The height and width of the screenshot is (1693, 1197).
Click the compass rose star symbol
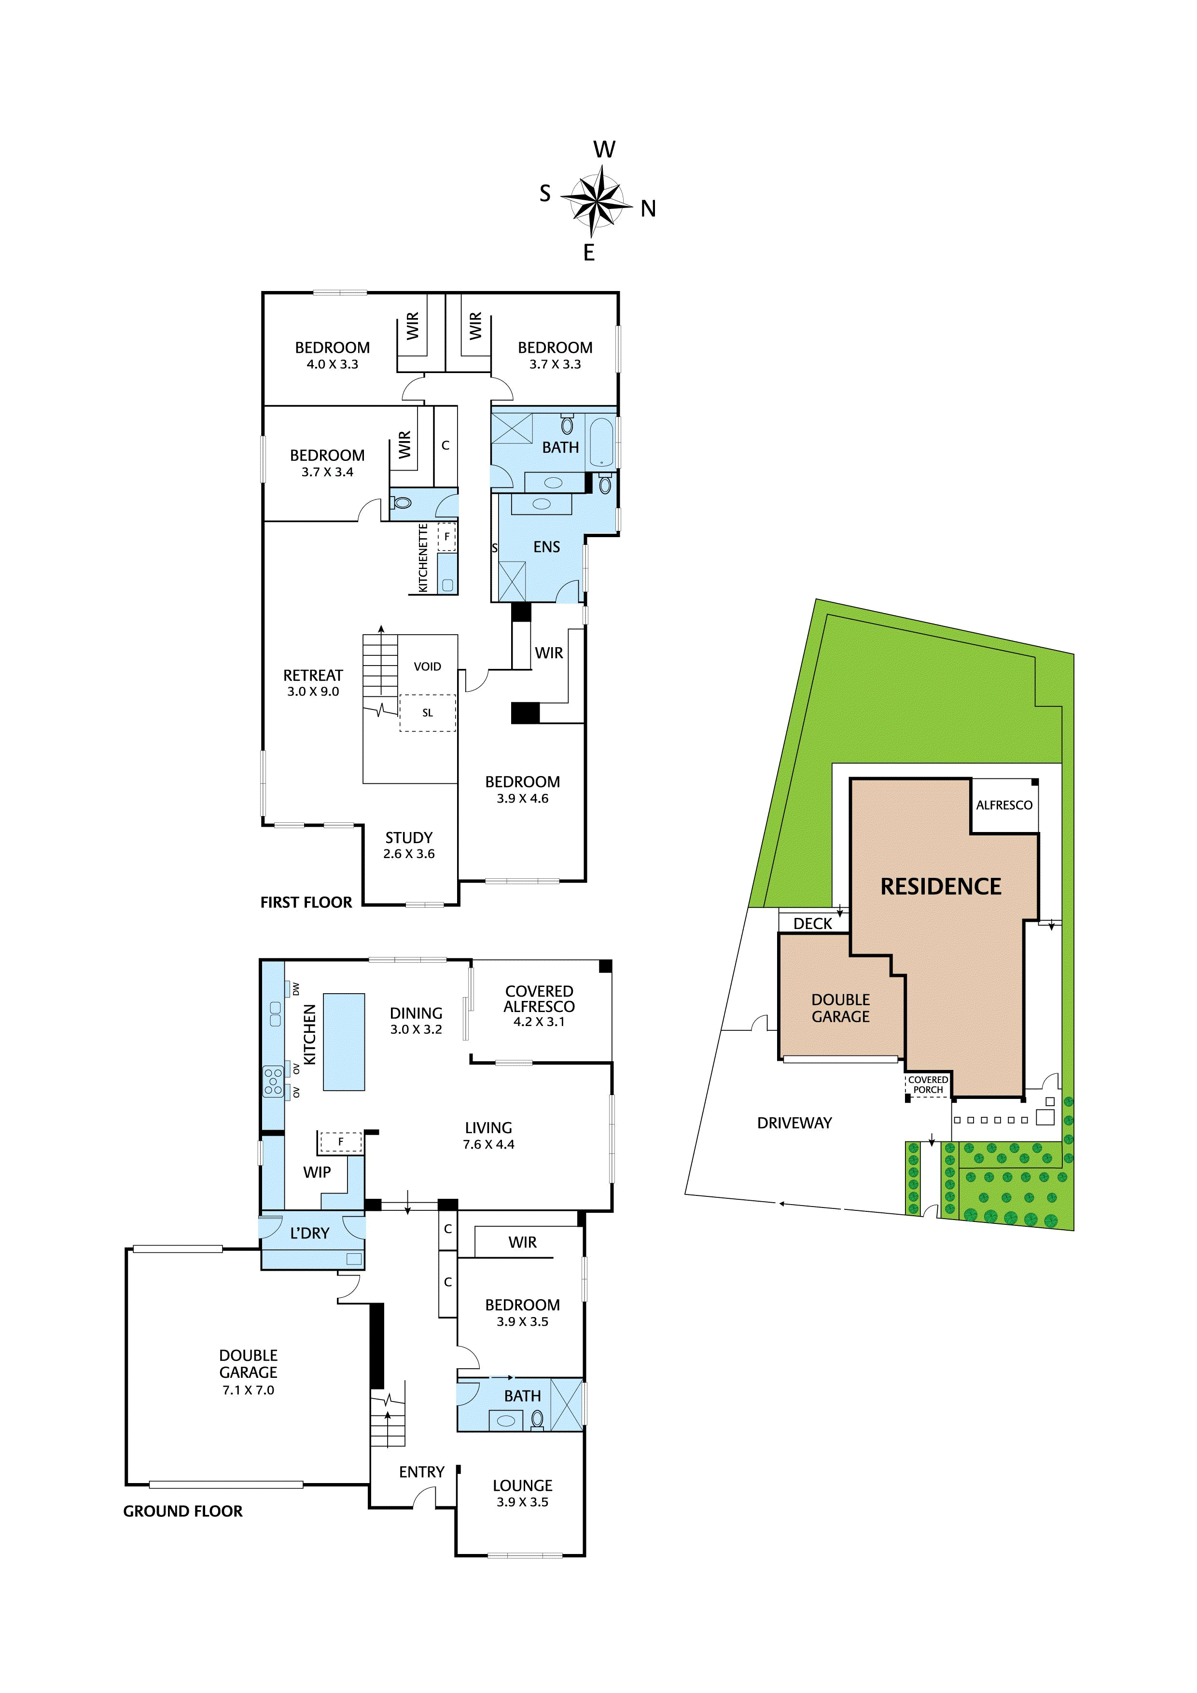coord(596,201)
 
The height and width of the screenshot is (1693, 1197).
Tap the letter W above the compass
coord(604,150)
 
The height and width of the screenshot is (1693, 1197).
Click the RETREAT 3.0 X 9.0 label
coord(313,683)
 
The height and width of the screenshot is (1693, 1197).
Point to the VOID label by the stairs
coord(427,666)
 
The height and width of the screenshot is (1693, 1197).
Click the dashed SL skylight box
coord(427,713)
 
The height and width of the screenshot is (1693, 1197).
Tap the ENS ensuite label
coord(546,547)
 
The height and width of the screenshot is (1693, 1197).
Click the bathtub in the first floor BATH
coord(601,443)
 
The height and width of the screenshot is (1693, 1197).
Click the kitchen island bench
coord(344,1041)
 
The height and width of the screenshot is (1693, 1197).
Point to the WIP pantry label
coord(317,1172)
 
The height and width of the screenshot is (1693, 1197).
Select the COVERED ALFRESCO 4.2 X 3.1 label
coord(539,1006)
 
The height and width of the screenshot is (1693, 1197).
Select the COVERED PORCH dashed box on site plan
coord(928,1085)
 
